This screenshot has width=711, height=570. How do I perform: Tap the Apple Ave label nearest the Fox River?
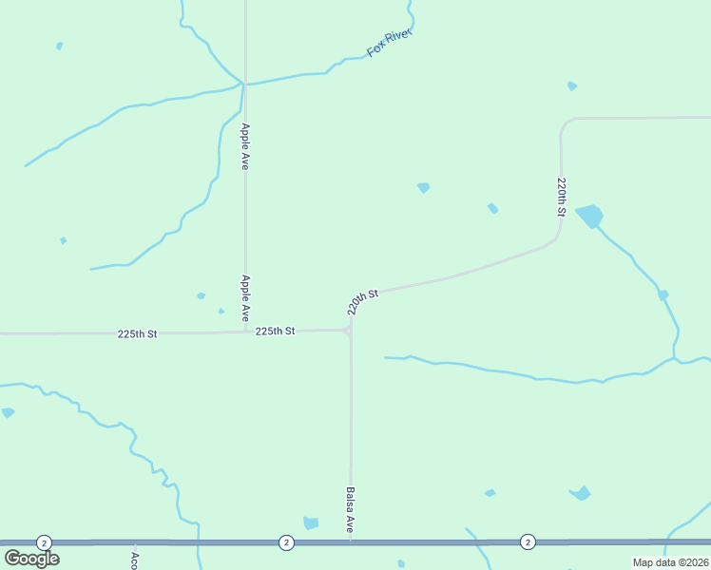click(x=245, y=146)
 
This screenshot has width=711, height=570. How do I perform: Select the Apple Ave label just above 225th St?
click(x=245, y=297)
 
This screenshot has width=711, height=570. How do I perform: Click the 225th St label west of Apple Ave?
click(x=137, y=334)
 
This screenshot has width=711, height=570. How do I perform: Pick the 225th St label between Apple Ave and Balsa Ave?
click(x=275, y=331)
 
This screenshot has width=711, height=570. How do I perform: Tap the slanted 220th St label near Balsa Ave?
click(x=362, y=301)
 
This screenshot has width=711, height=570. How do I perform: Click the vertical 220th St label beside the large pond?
click(x=562, y=197)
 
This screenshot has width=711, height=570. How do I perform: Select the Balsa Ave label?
click(x=350, y=509)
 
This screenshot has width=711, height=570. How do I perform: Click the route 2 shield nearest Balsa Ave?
click(x=286, y=542)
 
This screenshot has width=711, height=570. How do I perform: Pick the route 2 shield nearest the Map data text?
click(x=528, y=541)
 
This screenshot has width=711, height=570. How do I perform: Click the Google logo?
click(x=31, y=559)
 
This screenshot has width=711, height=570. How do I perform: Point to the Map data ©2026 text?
click(x=670, y=562)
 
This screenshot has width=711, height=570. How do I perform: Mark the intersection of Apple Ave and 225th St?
click(x=245, y=332)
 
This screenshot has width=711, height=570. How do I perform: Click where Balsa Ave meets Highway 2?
click(x=351, y=542)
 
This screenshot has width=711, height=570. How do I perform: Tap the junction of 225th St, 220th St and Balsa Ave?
click(x=350, y=330)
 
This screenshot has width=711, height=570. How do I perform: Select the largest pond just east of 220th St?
click(x=589, y=216)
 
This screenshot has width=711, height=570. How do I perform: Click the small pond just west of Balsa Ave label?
click(x=311, y=522)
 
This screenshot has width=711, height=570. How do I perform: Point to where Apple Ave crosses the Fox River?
click(x=244, y=85)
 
